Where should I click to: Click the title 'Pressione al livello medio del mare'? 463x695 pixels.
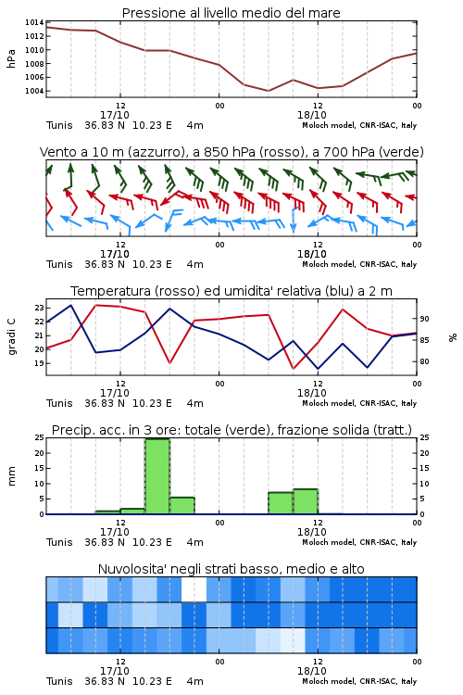(x=231, y=13)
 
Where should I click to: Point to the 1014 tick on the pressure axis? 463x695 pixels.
(x=34, y=22)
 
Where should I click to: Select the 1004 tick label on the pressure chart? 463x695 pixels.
(x=34, y=92)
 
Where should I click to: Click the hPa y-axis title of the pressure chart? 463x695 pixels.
(x=11, y=58)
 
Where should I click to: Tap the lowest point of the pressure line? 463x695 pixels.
(x=268, y=91)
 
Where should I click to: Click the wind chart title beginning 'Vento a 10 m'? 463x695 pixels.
(x=231, y=152)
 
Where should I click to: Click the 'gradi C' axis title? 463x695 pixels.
(x=12, y=337)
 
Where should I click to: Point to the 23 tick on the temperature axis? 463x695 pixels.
(x=39, y=308)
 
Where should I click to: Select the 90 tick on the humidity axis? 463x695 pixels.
(x=424, y=319)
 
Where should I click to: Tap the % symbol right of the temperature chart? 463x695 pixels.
(x=453, y=337)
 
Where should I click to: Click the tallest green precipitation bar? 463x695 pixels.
(x=157, y=476)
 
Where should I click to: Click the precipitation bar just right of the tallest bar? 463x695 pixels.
(x=182, y=506)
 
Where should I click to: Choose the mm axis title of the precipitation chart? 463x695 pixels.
(x=12, y=476)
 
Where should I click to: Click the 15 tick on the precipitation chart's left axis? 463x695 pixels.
(x=40, y=468)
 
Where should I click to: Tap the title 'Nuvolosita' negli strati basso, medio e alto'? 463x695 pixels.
(x=231, y=569)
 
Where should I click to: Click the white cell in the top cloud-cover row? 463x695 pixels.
(x=194, y=589)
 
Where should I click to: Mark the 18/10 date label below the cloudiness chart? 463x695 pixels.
(x=312, y=671)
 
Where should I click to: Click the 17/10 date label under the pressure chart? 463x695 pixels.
(x=115, y=115)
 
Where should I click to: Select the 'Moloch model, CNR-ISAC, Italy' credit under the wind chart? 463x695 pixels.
(x=359, y=264)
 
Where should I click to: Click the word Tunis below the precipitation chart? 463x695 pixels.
(x=59, y=542)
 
